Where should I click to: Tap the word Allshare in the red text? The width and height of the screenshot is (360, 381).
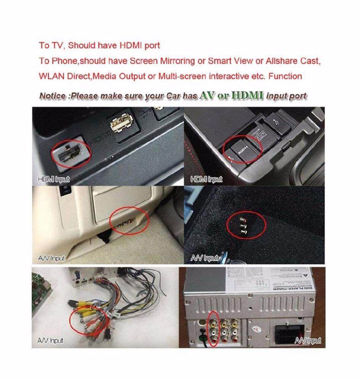(283, 61)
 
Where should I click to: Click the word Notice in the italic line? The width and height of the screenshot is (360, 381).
(53, 96)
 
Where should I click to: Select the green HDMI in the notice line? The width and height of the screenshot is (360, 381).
(248, 95)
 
